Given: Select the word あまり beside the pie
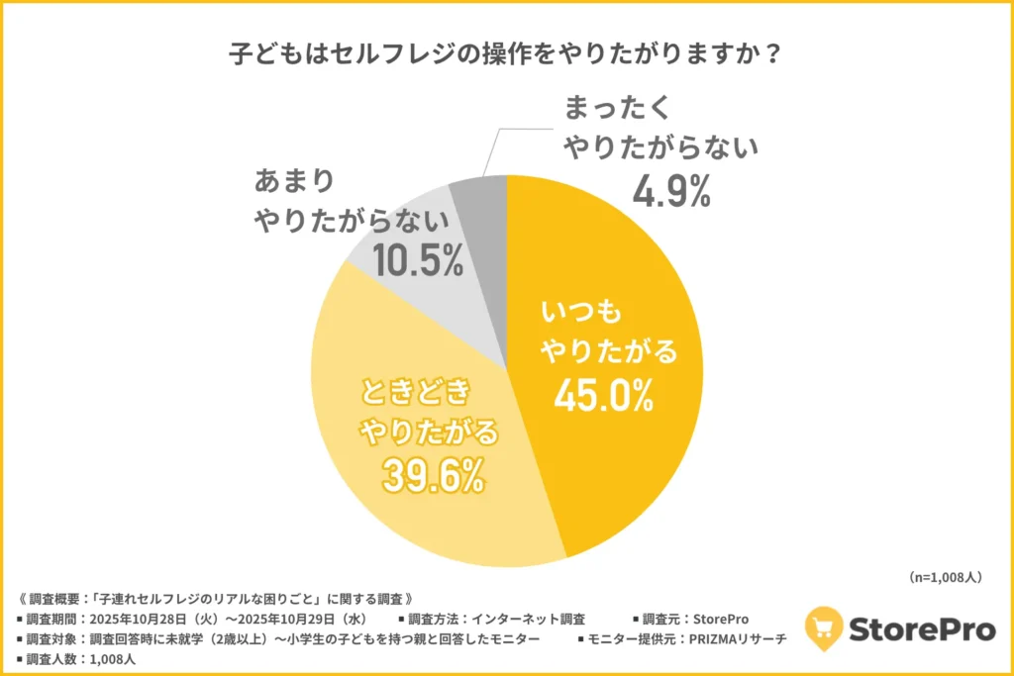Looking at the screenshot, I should tap(294, 182).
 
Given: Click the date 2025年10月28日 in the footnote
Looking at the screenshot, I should tap(142, 620).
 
